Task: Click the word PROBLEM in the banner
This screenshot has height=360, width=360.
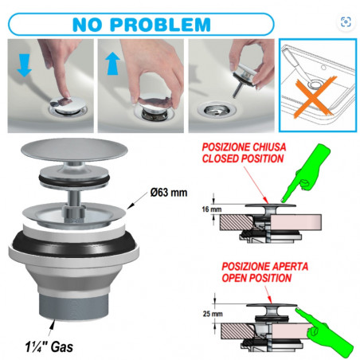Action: click(x=160, y=25)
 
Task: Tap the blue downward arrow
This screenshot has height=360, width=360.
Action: click(x=24, y=65)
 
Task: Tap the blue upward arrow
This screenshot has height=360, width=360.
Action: click(x=113, y=63)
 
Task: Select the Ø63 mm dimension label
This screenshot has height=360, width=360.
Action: click(x=169, y=192)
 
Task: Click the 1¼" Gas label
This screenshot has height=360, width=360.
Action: click(x=49, y=346)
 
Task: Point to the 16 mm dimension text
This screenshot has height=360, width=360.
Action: click(x=212, y=209)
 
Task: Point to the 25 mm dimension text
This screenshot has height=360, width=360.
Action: click(x=213, y=314)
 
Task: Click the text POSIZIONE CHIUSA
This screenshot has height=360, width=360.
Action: click(x=244, y=147)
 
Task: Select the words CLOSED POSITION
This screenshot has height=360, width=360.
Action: click(x=243, y=158)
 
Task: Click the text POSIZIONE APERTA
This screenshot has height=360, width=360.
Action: click(x=264, y=266)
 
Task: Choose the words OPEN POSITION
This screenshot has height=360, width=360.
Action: click(x=256, y=278)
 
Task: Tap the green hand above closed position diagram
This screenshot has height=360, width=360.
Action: click(x=305, y=173)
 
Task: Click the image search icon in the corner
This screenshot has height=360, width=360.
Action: click(x=346, y=22)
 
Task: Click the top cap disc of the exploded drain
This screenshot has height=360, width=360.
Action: click(x=74, y=150)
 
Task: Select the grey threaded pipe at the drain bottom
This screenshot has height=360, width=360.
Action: click(x=73, y=305)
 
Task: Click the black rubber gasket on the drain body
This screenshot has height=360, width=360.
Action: click(x=73, y=243)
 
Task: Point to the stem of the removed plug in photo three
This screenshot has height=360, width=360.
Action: click(x=237, y=88)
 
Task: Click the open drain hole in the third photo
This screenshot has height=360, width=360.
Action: click(x=217, y=110)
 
